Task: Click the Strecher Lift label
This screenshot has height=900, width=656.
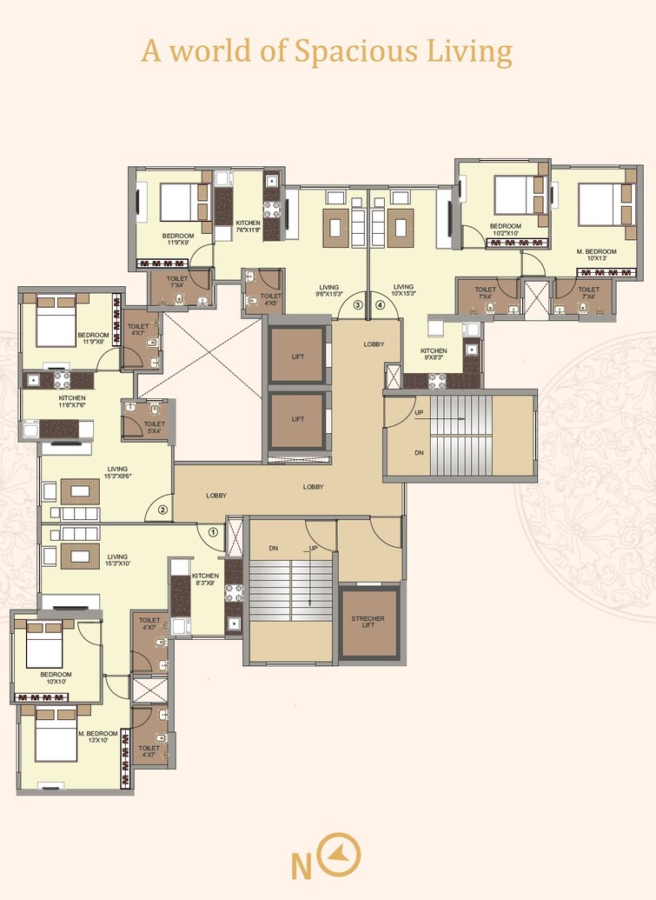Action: coord(368,622)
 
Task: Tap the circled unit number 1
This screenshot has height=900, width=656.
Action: coord(214,532)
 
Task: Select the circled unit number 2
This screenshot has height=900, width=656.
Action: coord(162,510)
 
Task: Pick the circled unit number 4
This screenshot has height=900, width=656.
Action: coord(379,304)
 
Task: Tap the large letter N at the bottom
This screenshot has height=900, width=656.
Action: coord(301,866)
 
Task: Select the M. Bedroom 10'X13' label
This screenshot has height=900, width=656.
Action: coord(597,253)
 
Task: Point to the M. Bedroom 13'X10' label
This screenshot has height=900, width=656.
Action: coord(97,737)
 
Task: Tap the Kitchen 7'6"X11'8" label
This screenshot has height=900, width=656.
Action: coord(248,227)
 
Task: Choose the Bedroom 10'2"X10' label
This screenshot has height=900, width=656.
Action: coord(504,230)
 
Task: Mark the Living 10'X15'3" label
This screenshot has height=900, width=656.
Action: coord(403,290)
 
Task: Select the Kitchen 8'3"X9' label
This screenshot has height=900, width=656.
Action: coord(206,580)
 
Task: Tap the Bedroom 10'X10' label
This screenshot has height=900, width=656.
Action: coord(56,678)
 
